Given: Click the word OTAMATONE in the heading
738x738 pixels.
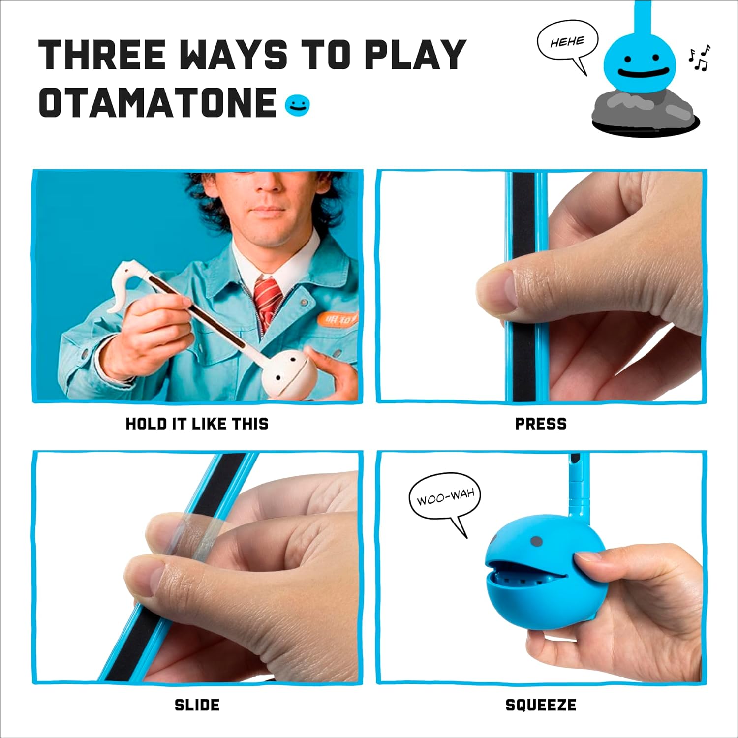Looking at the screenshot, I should point(157,102).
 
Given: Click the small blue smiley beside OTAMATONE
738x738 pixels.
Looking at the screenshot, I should point(298,105).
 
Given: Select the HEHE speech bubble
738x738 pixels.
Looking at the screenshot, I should point(567,42).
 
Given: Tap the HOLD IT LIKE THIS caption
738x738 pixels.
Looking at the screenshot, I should point(197,424).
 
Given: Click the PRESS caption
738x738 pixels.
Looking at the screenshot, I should point(541,424).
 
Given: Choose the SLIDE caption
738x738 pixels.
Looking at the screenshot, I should point(197,705).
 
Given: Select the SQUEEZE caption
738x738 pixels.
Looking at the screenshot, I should point(541,705).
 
